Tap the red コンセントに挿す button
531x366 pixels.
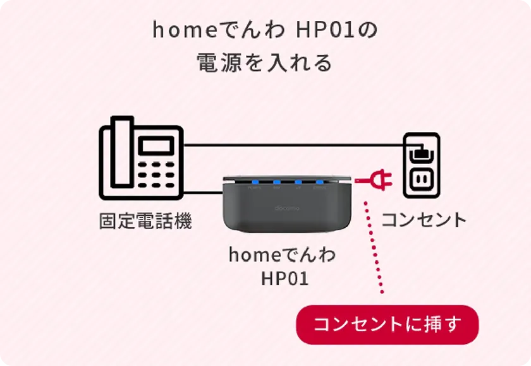388,325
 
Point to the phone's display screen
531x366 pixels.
156,146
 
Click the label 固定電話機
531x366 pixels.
145,221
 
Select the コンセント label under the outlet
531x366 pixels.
424,220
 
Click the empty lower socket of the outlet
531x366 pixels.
421,180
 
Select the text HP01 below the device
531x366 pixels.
284,278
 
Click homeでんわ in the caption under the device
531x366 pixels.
282,256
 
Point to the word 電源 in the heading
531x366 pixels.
219,63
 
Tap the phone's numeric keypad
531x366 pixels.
156,173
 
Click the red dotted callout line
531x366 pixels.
374,246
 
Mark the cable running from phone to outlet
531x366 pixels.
291,145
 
